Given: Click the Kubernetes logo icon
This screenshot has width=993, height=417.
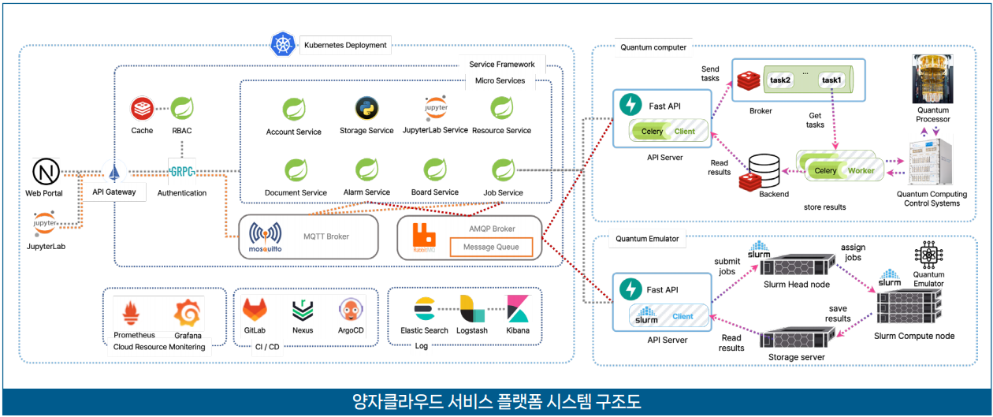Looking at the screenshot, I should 282,44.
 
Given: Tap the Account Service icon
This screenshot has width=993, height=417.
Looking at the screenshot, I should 294,109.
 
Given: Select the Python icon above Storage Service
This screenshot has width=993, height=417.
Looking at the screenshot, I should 365,108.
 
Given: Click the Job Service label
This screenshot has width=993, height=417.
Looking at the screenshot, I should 503,192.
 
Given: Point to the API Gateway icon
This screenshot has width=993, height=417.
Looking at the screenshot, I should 113,172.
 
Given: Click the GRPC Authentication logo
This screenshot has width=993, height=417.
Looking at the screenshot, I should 181,170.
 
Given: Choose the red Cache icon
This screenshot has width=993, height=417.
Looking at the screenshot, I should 143,108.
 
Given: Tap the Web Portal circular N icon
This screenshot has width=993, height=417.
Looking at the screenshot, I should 44,171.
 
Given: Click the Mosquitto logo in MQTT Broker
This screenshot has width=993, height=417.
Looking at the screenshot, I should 266,236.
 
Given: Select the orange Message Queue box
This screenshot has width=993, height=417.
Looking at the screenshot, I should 490,248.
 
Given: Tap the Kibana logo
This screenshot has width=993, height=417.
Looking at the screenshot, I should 518,310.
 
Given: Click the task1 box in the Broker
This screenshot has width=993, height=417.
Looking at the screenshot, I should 831,80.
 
